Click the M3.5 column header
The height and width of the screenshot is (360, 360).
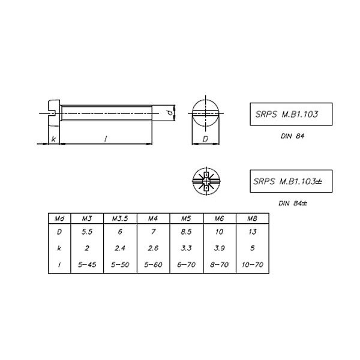(120, 218)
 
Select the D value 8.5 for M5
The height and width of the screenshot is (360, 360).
(186, 232)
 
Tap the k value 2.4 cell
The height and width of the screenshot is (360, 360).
(120, 248)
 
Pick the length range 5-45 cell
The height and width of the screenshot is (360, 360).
(87, 265)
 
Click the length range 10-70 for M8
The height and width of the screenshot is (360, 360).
(253, 265)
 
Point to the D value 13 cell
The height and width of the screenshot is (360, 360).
(253, 232)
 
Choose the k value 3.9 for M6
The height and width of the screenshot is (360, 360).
(219, 248)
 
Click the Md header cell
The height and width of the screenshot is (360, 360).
(59, 218)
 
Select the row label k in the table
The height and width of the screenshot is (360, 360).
(59, 248)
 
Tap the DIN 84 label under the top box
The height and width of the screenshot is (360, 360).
(292, 136)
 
